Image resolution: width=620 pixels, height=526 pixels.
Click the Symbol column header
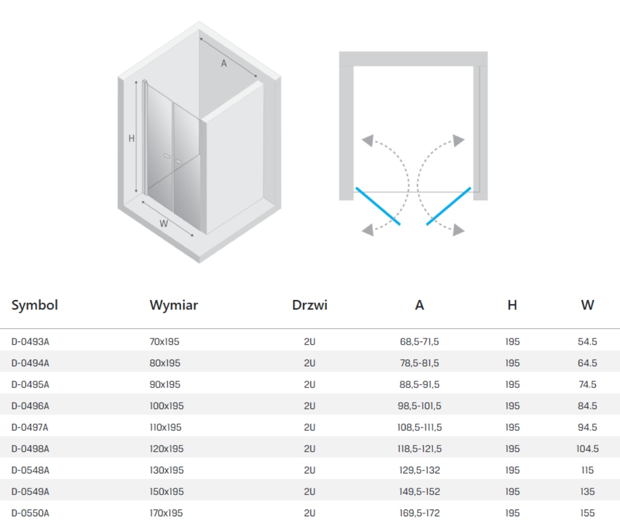click(35, 305)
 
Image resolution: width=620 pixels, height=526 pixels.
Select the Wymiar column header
click(174, 305)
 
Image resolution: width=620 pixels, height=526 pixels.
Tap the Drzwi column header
click(309, 305)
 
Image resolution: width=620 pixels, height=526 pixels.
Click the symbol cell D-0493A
click(30, 342)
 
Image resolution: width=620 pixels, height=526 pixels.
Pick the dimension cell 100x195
click(166, 406)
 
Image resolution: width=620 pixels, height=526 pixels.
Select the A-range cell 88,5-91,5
click(420, 384)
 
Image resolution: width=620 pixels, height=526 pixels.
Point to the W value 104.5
click(587, 448)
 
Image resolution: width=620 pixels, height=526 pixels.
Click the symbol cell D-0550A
click(30, 513)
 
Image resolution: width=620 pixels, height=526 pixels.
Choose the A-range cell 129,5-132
click(420, 470)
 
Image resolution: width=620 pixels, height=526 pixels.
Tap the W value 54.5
click(587, 342)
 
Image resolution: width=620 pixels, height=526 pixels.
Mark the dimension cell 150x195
click(166, 491)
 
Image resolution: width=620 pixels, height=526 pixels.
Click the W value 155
click(587, 513)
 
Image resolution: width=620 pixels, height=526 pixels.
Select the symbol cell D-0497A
click(29, 427)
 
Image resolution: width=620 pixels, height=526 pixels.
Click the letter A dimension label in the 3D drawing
click(224, 64)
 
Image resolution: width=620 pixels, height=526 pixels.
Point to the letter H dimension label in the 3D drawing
click(131, 138)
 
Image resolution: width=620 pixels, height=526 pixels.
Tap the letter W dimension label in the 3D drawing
click(164, 224)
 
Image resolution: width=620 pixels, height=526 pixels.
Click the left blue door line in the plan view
click(378, 206)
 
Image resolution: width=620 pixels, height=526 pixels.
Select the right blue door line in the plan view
click(449, 206)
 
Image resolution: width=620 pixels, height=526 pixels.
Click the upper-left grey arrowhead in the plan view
click(368, 141)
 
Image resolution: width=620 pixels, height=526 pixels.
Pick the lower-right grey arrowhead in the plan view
click(459, 230)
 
